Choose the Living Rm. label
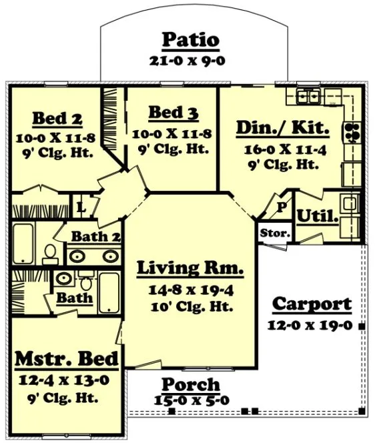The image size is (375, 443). pyautogui.click(x=190, y=269)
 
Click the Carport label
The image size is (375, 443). pyautogui.click(x=312, y=304)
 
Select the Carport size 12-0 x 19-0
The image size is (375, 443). pyautogui.click(x=312, y=326)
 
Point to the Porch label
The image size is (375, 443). pyautogui.click(x=190, y=384)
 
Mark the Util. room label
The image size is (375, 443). pyautogui.click(x=318, y=216)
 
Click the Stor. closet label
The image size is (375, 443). pyautogui.click(x=274, y=234)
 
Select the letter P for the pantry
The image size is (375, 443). pyautogui.click(x=282, y=207)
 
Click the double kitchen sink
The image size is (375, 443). pyautogui.click(x=308, y=97)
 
